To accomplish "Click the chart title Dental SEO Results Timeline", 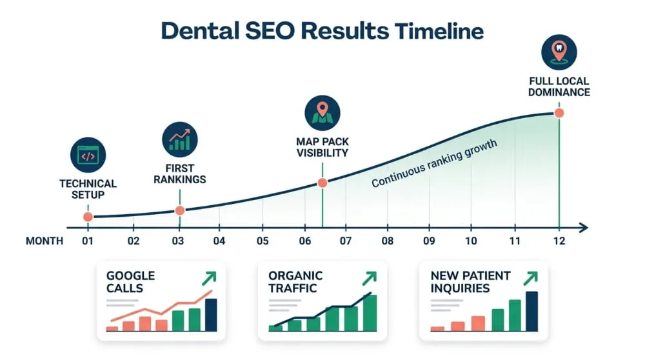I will tap(322, 30).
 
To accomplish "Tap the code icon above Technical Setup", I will tap(87, 155).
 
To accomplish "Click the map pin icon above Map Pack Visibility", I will tap(322, 114).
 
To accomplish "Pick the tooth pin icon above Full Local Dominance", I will tap(559, 52).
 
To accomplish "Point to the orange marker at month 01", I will tap(88, 217).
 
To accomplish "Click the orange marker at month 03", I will tap(180, 210).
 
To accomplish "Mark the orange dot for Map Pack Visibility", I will tap(322, 183).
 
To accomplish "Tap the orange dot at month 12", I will tap(559, 113).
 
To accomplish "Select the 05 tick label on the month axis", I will tap(262, 241).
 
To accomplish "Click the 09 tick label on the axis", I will tap(430, 241).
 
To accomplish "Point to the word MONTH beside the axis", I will tap(45, 241).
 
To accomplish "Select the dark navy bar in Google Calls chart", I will tap(211, 315).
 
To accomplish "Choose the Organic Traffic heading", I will tap(295, 282).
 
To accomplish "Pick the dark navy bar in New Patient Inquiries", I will tap(531, 311).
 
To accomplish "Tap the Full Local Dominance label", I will tap(559, 86).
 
